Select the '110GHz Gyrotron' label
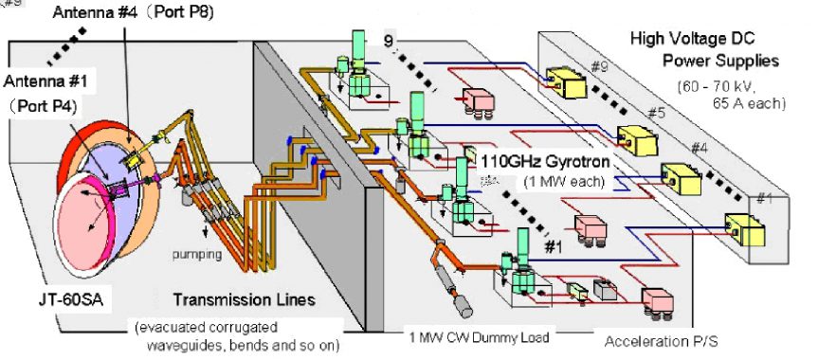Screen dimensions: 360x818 547,160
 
